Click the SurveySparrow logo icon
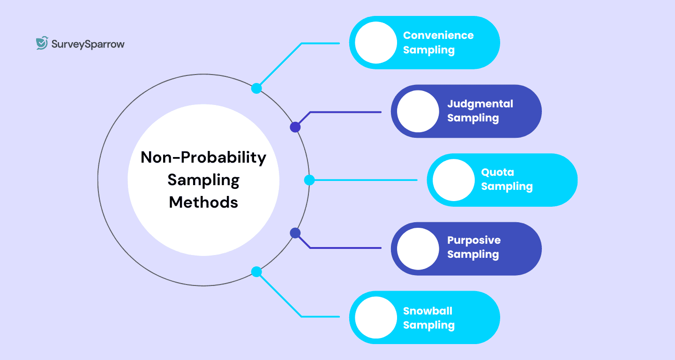coord(42,43)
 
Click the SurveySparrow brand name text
coord(88,45)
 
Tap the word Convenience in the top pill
coord(438,36)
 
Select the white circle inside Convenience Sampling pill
coord(376,43)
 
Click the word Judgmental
coord(480,104)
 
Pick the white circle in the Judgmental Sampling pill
coord(418,112)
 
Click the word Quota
coord(497,172)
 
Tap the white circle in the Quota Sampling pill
coord(453,180)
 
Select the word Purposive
coord(473,240)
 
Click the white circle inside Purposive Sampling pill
coord(418,248)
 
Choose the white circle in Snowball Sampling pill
coord(376,317)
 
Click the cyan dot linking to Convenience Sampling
coord(256,88)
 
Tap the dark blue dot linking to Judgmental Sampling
coord(295,127)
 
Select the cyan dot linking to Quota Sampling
coord(309,180)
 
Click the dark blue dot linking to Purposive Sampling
coord(295,232)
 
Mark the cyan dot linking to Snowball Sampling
coord(256,272)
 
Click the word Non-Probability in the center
coord(203,157)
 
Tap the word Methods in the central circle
coord(203,202)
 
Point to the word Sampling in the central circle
coord(203,180)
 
